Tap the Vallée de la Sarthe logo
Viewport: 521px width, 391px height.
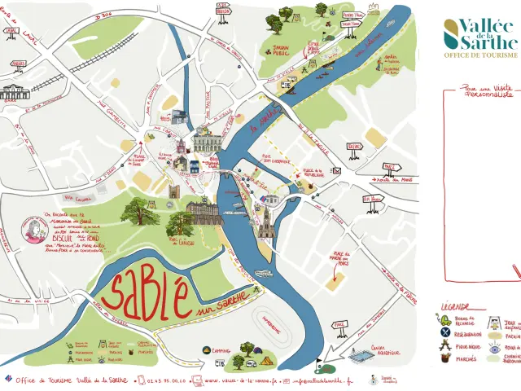pos(480,33)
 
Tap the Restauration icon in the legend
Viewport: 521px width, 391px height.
pos(445,333)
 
